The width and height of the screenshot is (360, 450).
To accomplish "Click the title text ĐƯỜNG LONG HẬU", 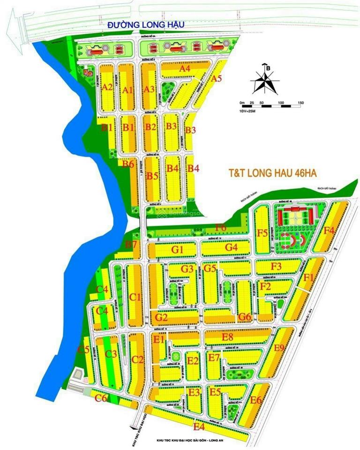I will [x=146, y=24].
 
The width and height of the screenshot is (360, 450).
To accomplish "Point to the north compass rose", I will [x=265, y=81].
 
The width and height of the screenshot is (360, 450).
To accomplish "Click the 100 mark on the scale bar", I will [x=281, y=103].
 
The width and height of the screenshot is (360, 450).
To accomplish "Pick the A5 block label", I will [x=216, y=79].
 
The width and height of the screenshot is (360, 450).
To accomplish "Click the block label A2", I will [x=107, y=87].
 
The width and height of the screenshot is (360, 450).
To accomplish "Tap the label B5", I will [x=152, y=176].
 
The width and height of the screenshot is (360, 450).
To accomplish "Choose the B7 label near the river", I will [x=131, y=244].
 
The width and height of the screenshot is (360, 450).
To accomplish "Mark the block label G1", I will [x=177, y=250].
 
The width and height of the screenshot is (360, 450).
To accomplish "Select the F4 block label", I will [x=329, y=230].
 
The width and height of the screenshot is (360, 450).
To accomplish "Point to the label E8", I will [x=228, y=337].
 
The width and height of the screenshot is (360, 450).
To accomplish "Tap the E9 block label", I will [x=279, y=347].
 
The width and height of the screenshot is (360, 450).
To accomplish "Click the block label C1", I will [x=135, y=297].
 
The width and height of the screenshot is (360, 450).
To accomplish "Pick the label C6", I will [x=101, y=398].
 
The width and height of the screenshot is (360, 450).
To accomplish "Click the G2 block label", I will [x=161, y=317].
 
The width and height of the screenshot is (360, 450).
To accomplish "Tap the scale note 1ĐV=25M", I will [x=247, y=110].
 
